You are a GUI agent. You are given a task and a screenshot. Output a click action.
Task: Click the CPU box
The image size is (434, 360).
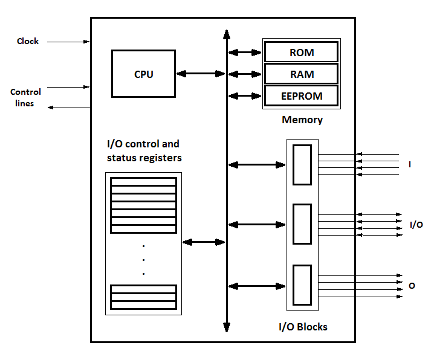pos(143,74)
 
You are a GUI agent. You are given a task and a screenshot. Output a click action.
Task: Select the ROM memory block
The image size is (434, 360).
pos(301,53)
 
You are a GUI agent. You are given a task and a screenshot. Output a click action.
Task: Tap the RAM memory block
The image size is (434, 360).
pos(301,74)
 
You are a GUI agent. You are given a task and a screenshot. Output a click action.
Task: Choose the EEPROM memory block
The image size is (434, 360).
pos(301,96)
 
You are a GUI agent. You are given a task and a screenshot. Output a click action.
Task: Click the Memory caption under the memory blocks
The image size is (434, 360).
pos(302,120)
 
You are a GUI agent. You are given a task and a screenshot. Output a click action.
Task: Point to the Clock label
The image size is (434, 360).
pos(28,41)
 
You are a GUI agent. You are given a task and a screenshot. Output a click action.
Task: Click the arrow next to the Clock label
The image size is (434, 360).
pos(68,42)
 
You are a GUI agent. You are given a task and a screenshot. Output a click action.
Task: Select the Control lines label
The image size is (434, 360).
pos(25,98)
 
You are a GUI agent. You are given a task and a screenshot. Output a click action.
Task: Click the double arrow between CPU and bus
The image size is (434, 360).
pos(201,74)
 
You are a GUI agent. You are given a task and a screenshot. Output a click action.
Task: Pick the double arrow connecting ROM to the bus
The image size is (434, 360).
pos(245,53)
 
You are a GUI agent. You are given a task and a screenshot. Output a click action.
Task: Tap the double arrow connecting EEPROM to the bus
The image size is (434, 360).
pos(245,96)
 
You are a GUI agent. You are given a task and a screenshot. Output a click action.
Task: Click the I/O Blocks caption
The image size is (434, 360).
pos(303,327)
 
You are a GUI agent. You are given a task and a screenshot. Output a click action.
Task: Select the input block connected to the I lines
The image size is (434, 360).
pos(302,164)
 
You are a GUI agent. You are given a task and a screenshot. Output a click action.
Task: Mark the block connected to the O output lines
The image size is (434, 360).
pos(302,284)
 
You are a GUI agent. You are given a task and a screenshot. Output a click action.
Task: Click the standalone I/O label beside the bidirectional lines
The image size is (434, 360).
pos(416,225)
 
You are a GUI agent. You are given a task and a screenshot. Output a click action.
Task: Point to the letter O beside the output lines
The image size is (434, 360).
pos(412,285)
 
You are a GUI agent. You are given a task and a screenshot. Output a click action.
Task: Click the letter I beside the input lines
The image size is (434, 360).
pos(410,164)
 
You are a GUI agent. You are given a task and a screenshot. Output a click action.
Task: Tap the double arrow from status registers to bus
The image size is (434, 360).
pos(204,242)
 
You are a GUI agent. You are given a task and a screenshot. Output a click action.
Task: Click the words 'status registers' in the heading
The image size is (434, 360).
pos(144,158)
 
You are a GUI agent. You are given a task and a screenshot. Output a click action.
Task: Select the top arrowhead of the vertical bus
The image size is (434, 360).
pos(227,34)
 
